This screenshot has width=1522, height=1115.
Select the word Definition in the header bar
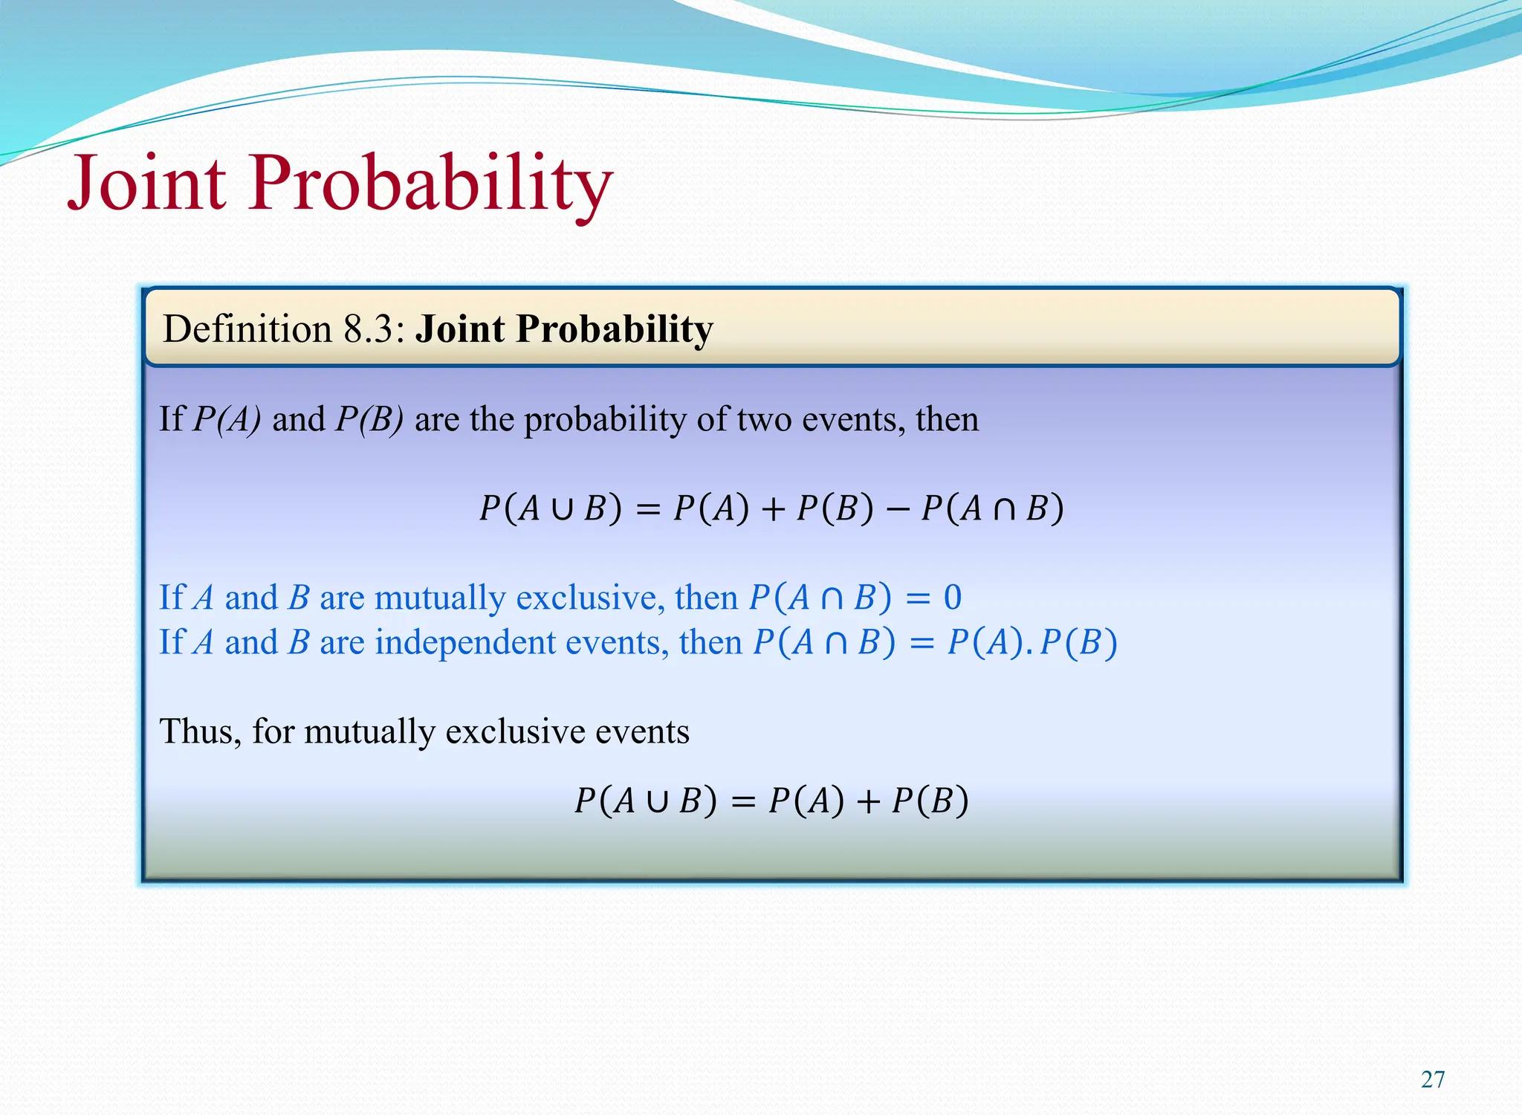tap(247, 329)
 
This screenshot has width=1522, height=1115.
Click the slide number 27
tap(1432, 1079)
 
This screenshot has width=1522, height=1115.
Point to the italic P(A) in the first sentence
tap(227, 420)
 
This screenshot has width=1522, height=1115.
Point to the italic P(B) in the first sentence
tap(369, 420)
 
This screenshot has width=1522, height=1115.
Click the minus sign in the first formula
tap(897, 509)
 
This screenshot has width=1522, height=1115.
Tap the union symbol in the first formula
tap(563, 509)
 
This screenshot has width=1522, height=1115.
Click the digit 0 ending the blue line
tap(952, 598)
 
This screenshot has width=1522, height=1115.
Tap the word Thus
tap(199, 731)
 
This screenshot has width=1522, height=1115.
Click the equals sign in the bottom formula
tap(742, 802)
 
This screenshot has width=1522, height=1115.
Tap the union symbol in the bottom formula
tap(657, 802)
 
